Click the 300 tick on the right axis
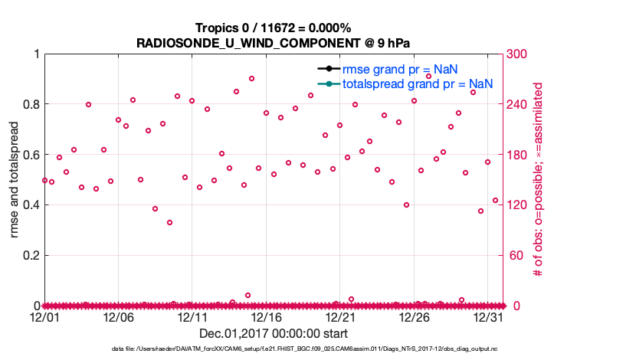(x=518, y=54)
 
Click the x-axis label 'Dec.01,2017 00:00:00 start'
(x=274, y=333)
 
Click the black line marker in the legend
(x=328, y=69)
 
